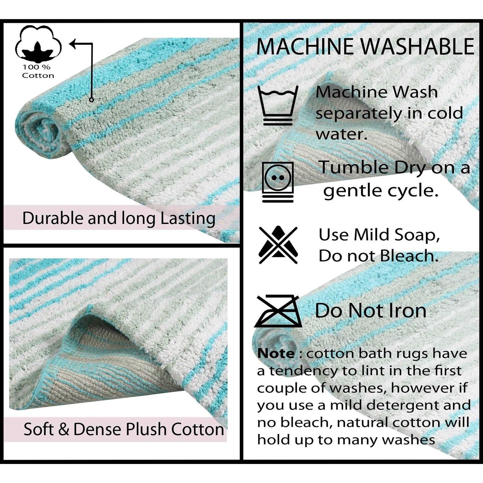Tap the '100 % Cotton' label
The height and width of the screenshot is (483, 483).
click(38, 71)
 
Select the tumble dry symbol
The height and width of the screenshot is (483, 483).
click(278, 182)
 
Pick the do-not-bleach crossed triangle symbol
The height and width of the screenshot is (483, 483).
click(278, 245)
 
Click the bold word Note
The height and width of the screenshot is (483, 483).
click(276, 354)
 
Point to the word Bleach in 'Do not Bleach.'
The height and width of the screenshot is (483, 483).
click(409, 256)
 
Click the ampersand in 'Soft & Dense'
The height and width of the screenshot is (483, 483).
click(64, 430)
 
